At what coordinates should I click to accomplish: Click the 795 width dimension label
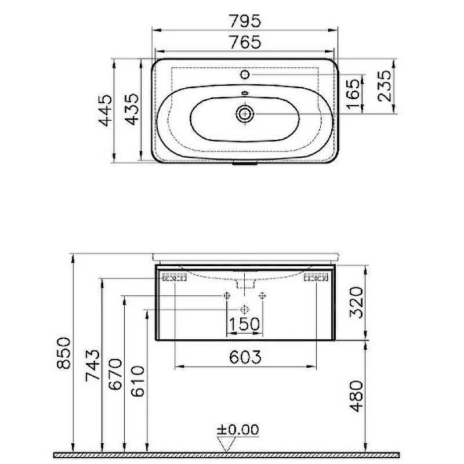point(245,21)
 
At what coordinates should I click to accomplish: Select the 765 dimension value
point(245,42)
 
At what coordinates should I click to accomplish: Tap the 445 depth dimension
point(106,110)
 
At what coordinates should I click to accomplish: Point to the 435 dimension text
point(132,110)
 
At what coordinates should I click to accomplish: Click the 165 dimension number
point(354,95)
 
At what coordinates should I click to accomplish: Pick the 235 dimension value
point(385,86)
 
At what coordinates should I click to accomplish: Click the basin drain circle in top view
point(245,114)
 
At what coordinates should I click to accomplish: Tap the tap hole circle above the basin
point(245,75)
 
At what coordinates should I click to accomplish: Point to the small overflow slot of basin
point(245,93)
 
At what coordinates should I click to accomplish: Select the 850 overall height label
point(64,353)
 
